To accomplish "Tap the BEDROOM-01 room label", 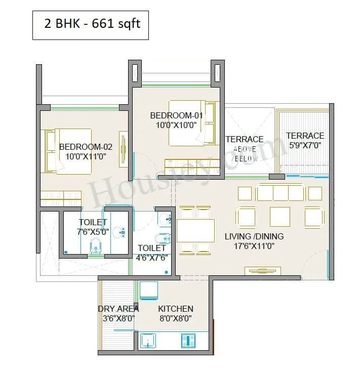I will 176,115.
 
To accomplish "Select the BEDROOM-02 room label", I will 86,147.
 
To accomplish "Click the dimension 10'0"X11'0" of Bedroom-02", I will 86,156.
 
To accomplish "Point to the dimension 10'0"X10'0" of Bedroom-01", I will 176,124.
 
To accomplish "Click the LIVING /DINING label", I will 254,236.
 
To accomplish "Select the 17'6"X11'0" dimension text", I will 254,246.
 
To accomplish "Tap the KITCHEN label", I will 175,309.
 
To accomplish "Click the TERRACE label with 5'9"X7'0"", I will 305,136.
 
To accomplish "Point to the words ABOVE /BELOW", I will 245,154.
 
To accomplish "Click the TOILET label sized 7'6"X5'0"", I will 93,222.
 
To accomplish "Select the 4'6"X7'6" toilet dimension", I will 152,257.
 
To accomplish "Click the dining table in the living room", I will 195,231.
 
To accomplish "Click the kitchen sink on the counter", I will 148,341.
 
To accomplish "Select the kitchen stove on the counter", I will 188,341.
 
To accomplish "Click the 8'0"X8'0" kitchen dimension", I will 175,318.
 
